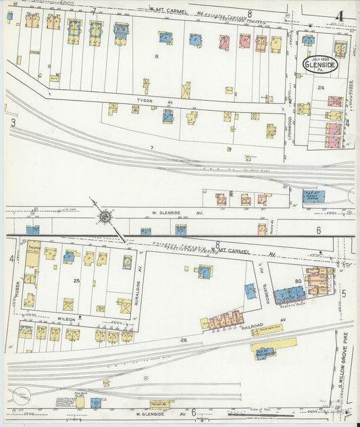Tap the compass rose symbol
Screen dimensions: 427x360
106,217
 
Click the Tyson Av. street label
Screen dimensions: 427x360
145,100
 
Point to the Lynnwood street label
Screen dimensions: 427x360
289,128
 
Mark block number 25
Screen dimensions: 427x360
77,280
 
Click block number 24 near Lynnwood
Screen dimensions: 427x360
321,88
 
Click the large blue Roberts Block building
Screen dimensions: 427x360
289,295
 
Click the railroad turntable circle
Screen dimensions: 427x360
20,396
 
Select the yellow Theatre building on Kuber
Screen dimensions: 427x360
32,255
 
